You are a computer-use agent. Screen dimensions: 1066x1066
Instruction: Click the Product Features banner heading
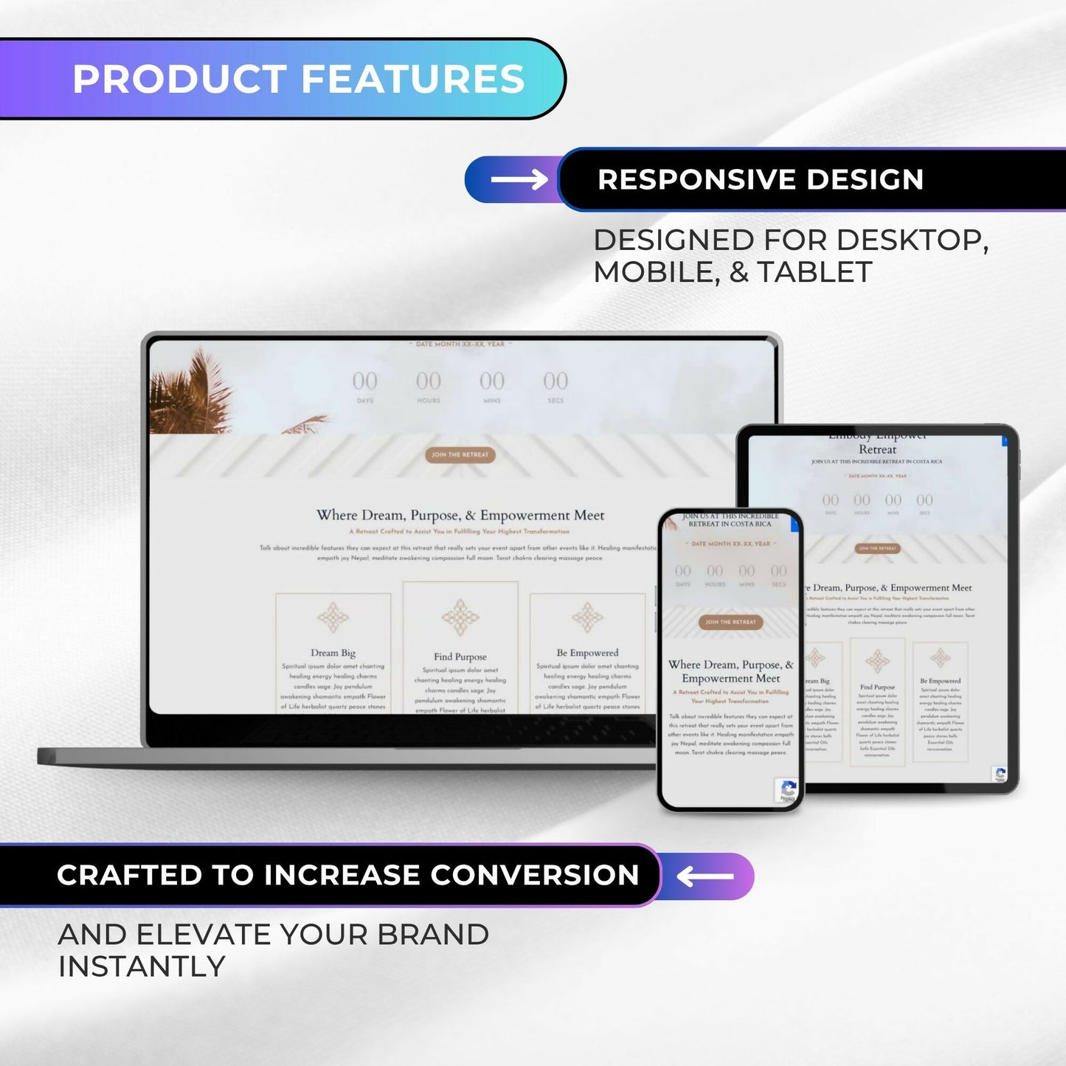coord(298,80)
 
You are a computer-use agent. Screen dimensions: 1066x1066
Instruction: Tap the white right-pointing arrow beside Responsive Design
coord(519,179)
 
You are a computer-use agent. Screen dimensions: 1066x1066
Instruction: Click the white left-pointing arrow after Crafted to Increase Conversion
coord(705,876)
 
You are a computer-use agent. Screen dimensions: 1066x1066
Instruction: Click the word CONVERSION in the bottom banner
coord(535,875)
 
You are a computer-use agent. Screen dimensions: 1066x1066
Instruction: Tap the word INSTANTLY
coord(142,966)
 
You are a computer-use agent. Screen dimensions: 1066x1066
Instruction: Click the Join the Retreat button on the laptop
coord(460,454)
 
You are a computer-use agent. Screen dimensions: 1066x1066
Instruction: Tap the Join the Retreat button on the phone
coord(730,622)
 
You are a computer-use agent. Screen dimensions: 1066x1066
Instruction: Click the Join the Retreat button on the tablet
coord(877,548)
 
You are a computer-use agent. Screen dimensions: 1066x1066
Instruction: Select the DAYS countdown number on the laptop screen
coord(364,381)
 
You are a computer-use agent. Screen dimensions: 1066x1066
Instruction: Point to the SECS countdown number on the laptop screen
coord(556,381)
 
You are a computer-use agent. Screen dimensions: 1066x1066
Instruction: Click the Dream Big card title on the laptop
coord(333,653)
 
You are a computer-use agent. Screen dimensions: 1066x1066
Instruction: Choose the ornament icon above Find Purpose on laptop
coord(460,617)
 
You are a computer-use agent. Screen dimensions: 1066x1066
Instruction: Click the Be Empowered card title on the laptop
coord(587,653)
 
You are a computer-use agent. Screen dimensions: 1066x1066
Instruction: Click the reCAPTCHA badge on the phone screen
coord(787,790)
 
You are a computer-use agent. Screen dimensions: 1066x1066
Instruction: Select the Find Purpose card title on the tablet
coord(877,687)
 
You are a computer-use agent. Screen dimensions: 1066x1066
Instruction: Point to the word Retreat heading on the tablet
coord(877,449)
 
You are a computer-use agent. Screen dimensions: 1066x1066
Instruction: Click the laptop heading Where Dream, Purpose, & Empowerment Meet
coord(460,515)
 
